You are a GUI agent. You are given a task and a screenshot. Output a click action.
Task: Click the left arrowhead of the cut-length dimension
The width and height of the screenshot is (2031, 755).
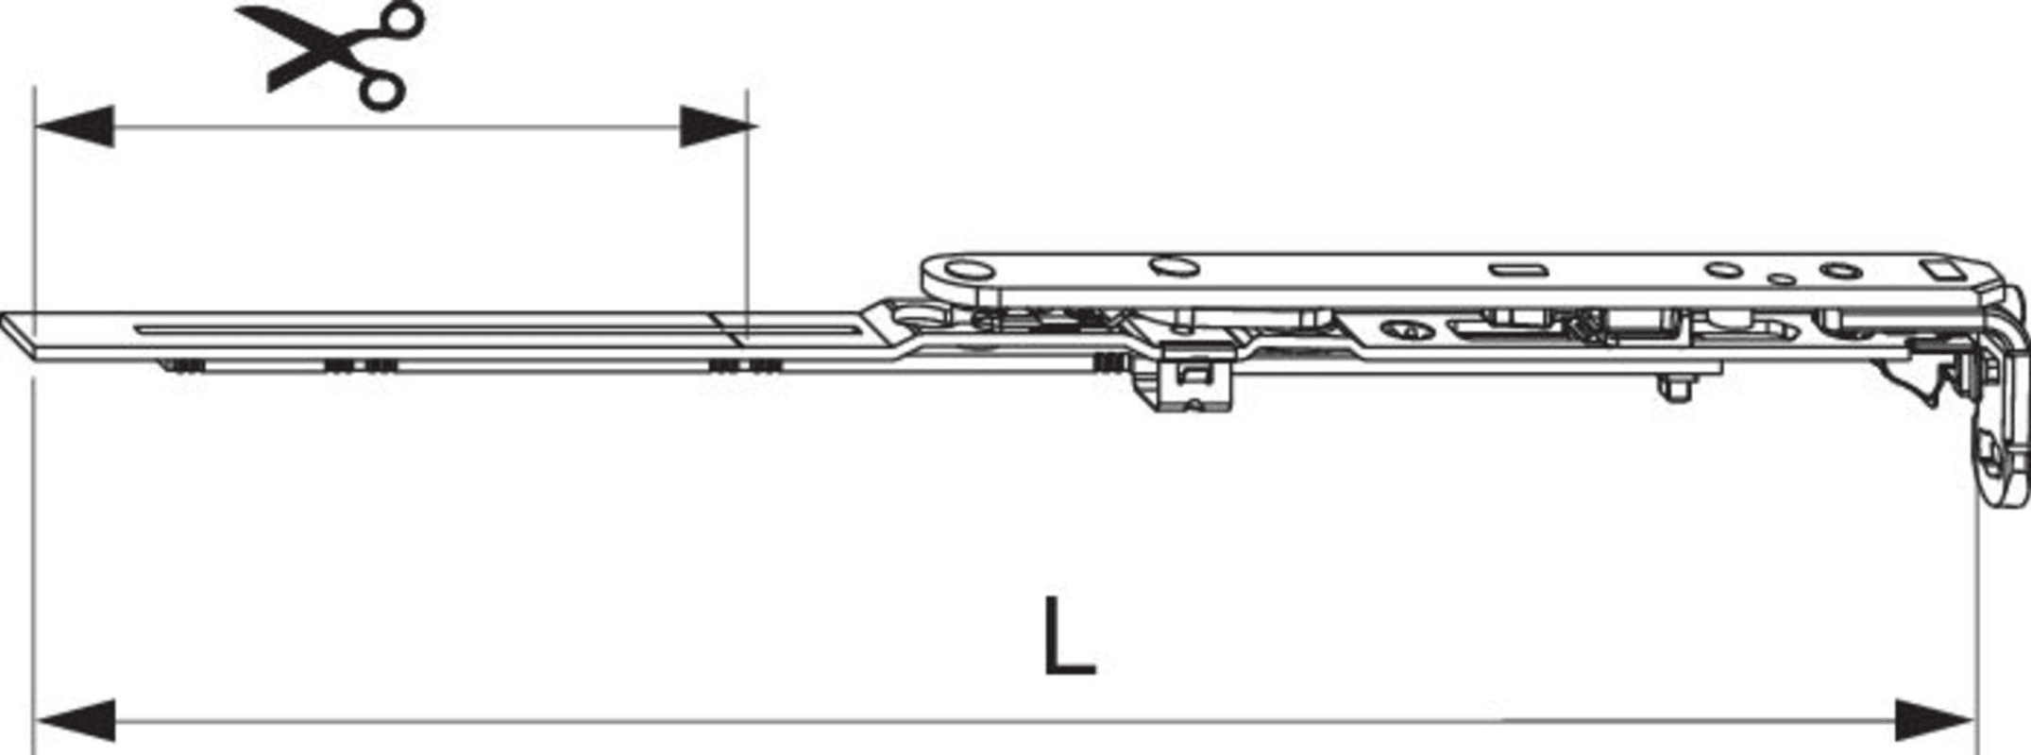pos(74,126)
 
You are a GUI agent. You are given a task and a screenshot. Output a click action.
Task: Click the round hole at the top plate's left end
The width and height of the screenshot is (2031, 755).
pos(964,271)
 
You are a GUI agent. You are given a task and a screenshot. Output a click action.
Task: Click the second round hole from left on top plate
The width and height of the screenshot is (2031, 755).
pos(1174,267)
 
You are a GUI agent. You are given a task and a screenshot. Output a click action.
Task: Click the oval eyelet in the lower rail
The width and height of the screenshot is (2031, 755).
pos(1408,330)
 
